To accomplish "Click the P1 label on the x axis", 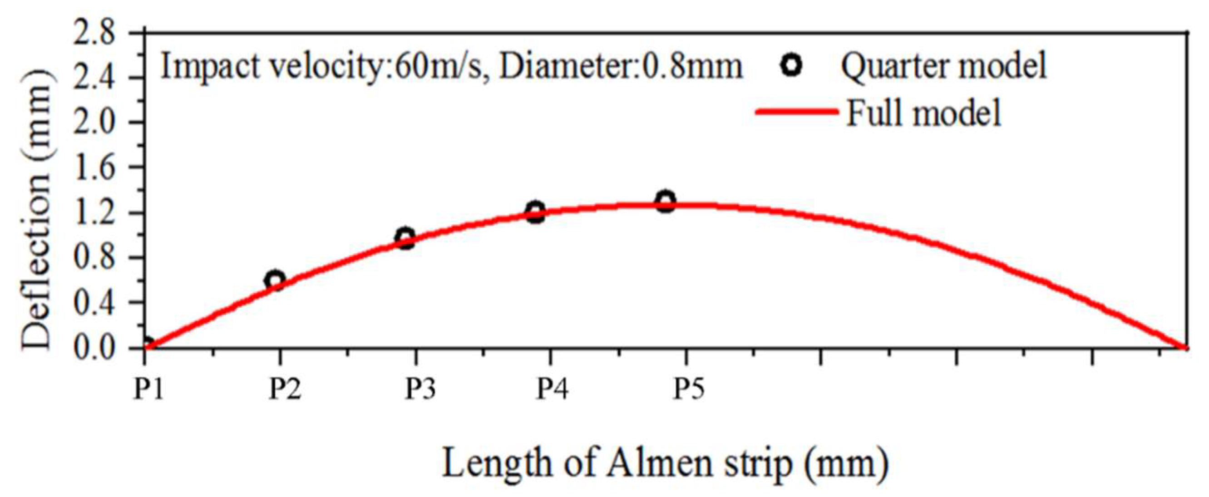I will click(x=148, y=389).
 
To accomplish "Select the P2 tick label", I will click(x=284, y=389).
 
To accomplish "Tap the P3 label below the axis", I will click(x=420, y=389).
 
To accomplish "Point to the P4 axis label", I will click(x=552, y=389).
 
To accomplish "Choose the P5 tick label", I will click(x=689, y=389).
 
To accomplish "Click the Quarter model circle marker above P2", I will click(x=275, y=280).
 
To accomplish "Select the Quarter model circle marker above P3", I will click(x=405, y=238).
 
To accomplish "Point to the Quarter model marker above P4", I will click(x=535, y=212).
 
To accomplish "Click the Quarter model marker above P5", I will click(x=666, y=202).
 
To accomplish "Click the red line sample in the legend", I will click(x=796, y=112).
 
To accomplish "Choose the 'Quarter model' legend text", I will click(x=943, y=66).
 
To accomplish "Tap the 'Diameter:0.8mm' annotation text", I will click(x=621, y=66).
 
